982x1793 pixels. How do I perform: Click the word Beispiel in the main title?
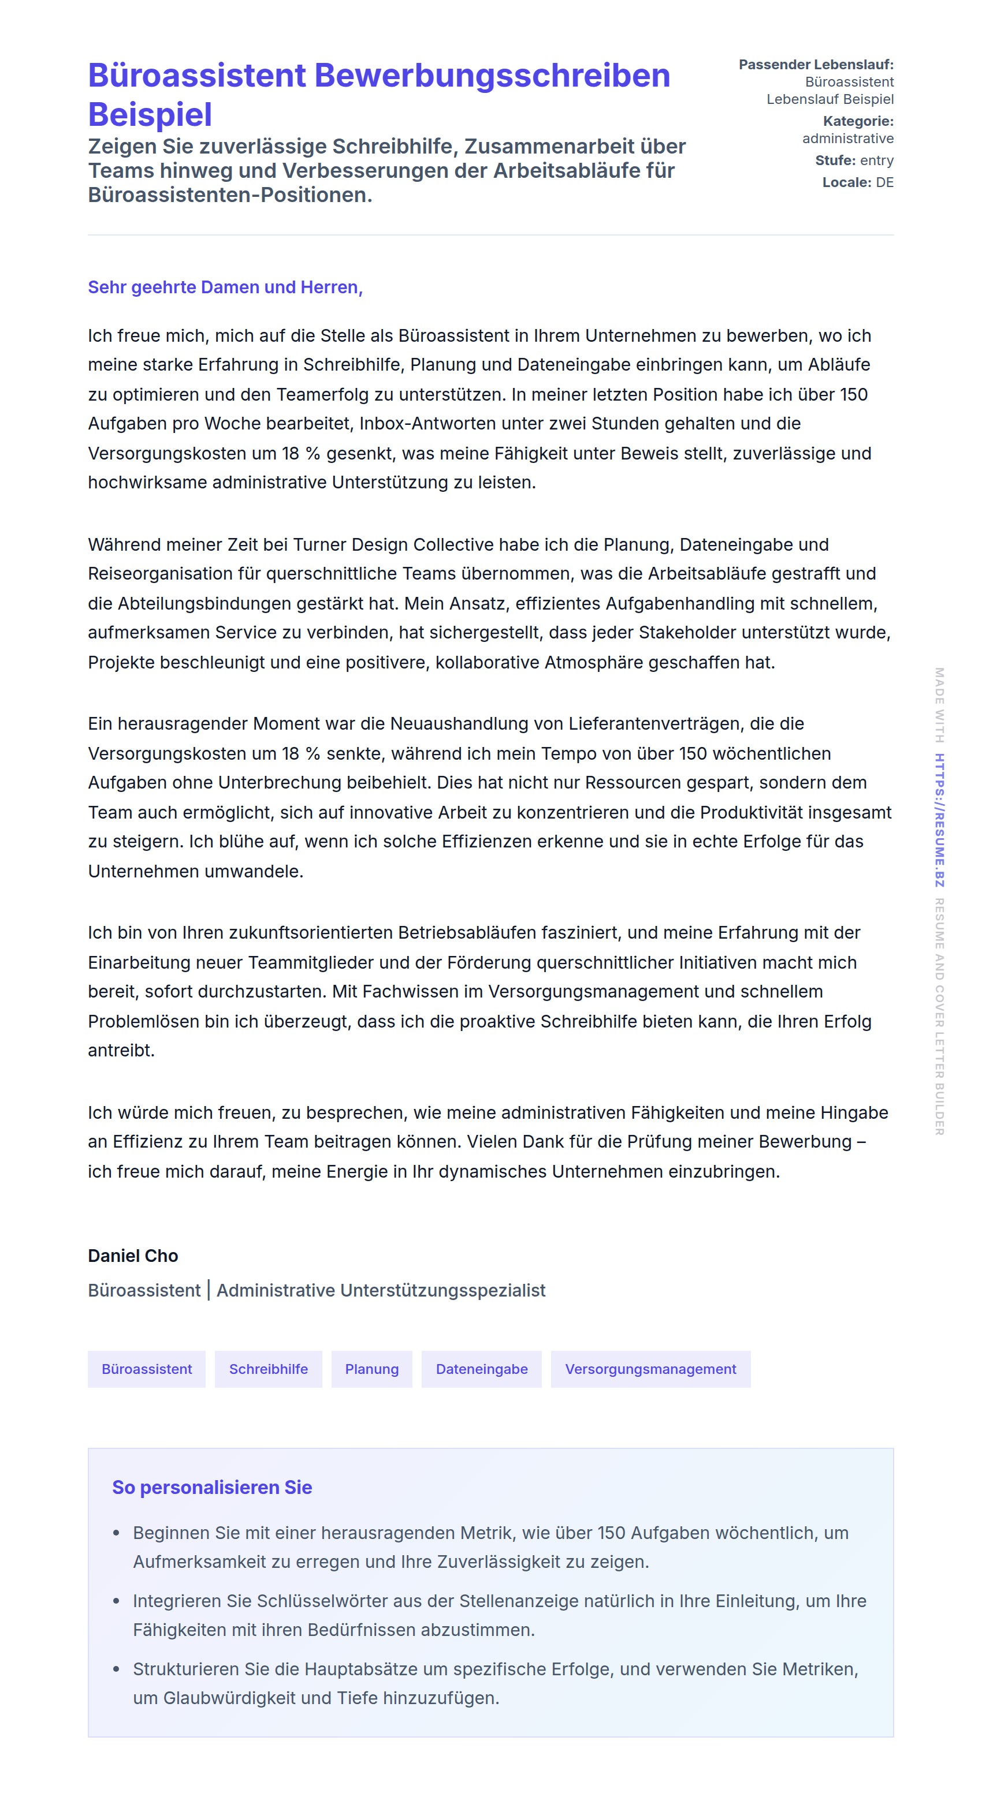coord(150,115)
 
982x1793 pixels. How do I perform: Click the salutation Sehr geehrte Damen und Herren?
coord(224,287)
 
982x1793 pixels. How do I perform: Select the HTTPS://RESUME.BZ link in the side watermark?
coord(939,820)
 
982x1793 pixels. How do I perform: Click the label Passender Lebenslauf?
coord(816,65)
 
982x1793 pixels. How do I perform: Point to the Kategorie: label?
coord(858,121)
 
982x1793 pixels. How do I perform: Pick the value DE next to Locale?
coord(884,182)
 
